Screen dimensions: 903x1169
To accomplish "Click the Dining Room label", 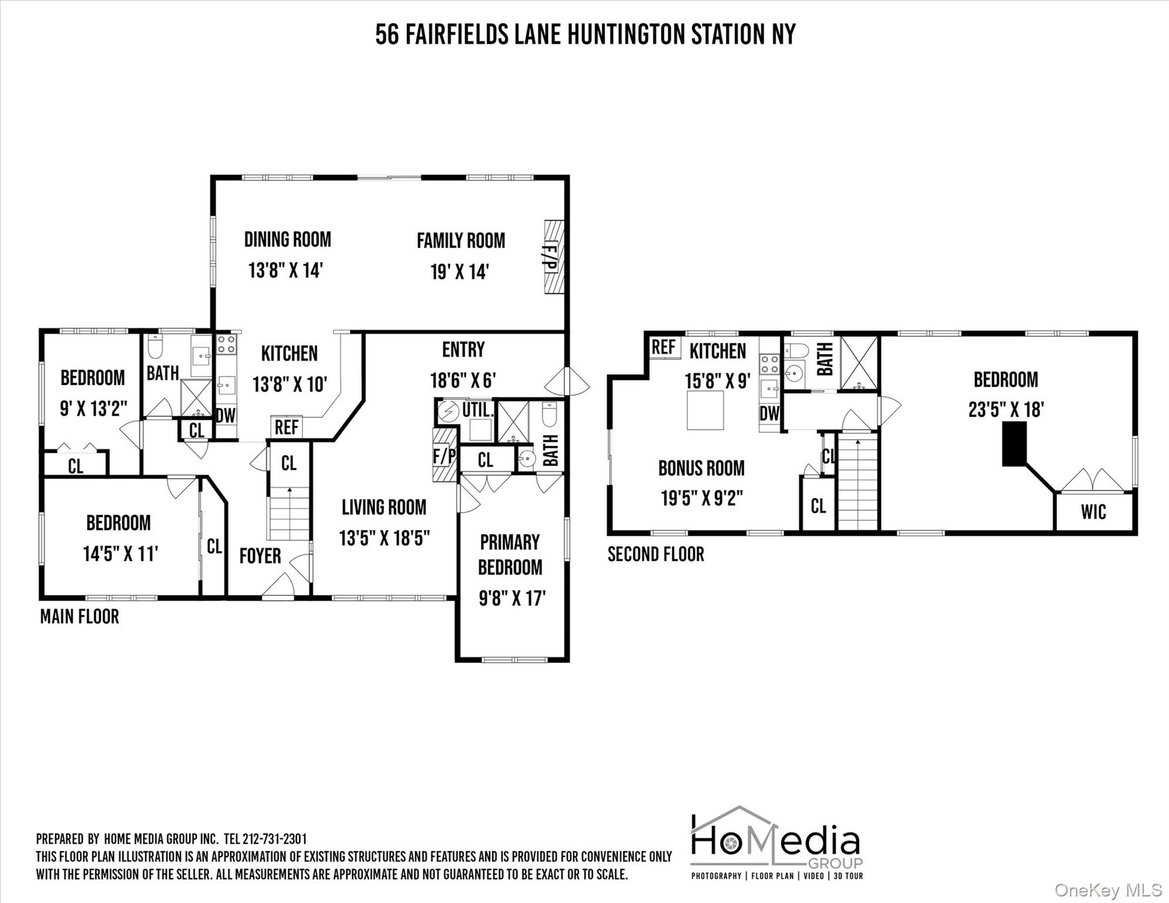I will (288, 240).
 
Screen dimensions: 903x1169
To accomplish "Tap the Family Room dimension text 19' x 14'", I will (460, 272).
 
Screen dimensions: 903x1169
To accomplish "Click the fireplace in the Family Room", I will (553, 257).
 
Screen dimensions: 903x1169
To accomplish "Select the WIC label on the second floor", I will (1093, 512).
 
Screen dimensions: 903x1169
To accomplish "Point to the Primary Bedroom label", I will (510, 554).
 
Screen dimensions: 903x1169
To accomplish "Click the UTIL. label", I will (476, 409).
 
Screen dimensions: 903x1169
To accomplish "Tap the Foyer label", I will (260, 556).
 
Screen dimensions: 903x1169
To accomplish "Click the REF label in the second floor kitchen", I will (663, 347).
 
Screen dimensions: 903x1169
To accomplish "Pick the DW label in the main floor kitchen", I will (225, 416).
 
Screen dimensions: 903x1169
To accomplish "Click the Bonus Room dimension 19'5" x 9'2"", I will (702, 499).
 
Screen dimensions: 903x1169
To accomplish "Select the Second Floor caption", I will (656, 554).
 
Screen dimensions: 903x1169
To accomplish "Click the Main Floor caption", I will (79, 617).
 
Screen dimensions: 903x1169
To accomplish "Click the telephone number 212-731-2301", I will (275, 839).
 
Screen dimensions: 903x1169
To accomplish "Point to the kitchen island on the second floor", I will (706, 410).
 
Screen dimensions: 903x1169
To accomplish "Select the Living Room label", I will (384, 507).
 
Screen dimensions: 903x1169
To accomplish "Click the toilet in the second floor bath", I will (797, 351).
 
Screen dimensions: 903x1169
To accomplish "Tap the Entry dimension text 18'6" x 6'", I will (463, 380).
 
